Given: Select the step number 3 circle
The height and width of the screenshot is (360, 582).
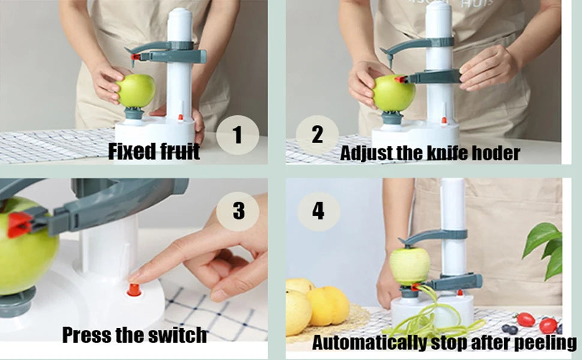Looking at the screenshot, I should tap(238, 211).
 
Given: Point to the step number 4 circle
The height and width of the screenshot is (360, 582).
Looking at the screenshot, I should tap(318, 211).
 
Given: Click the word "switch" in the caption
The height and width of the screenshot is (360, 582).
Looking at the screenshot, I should tap(179, 334).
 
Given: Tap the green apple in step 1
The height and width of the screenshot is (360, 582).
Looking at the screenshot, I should tap(136, 91).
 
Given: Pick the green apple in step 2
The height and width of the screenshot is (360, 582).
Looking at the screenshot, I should tap(394, 94).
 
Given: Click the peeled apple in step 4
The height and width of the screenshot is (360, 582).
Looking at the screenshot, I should tap(410, 265).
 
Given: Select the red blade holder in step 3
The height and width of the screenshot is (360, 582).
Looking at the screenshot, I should tap(20, 224).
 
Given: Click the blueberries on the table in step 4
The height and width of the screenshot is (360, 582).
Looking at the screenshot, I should tap(509, 329).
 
